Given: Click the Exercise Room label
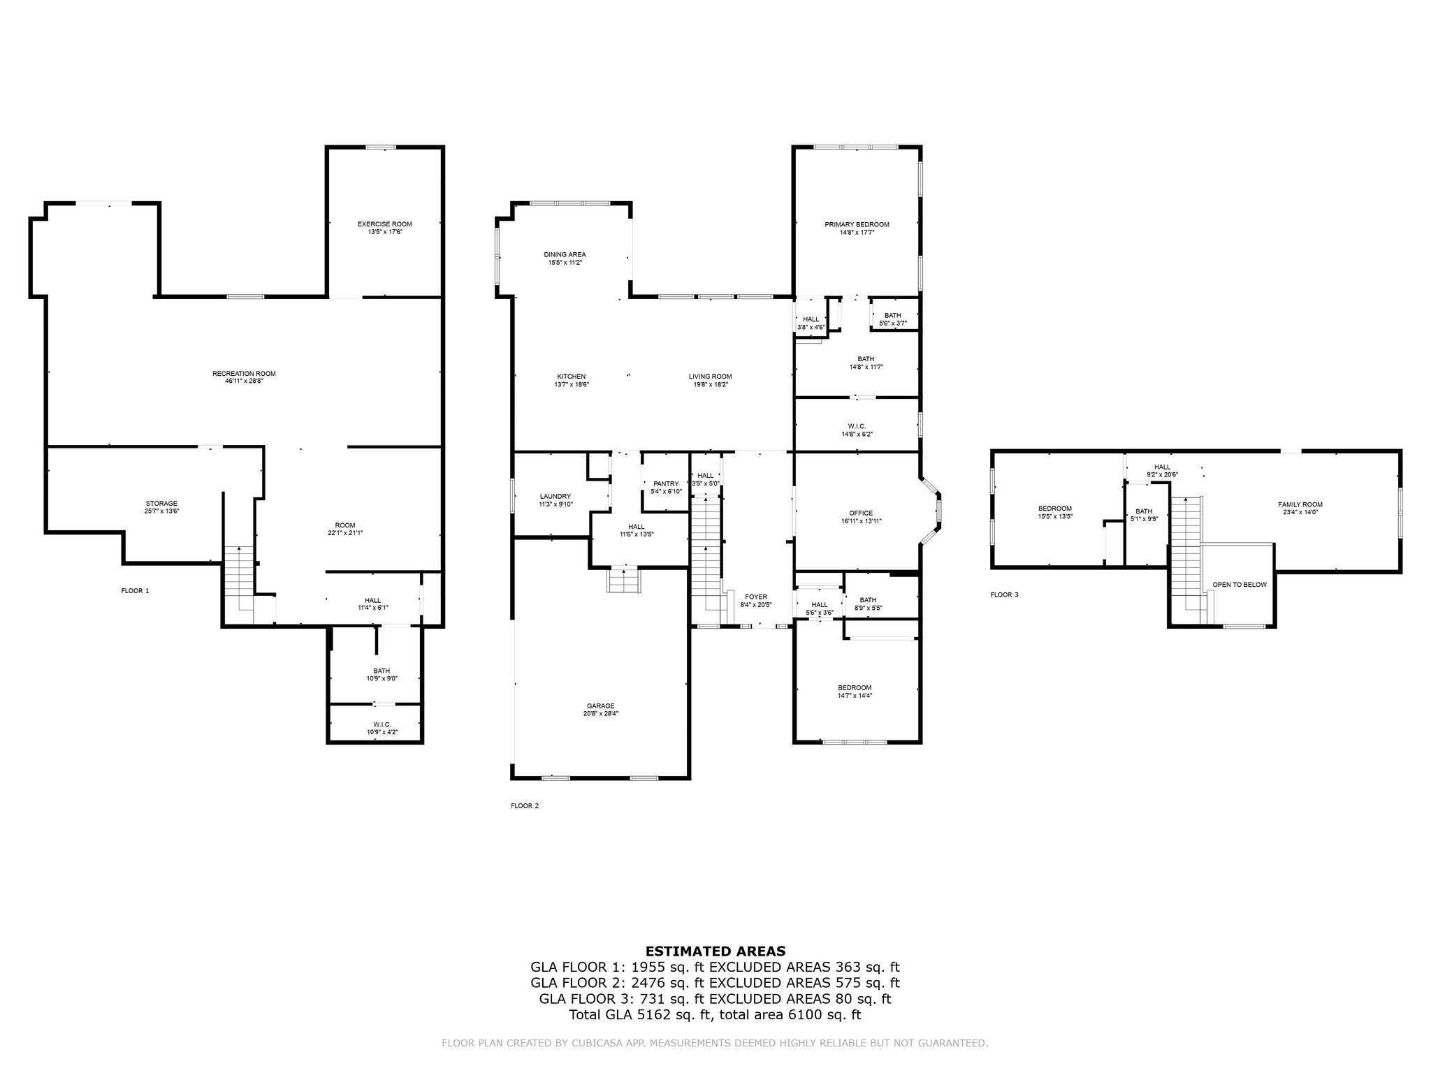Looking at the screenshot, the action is pyautogui.click(x=384, y=224).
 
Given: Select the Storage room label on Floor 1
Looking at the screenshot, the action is pyautogui.click(x=161, y=504).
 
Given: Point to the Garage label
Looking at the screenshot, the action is pyautogui.click(x=600, y=706).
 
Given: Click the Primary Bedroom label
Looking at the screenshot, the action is pyautogui.click(x=857, y=224).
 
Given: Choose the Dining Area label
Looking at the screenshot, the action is pyautogui.click(x=565, y=254).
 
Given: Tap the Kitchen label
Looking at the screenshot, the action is pyautogui.click(x=571, y=377).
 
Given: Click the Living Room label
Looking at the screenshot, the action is pyautogui.click(x=710, y=377).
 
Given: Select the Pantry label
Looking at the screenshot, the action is pyautogui.click(x=666, y=483).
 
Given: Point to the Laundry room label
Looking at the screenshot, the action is pyautogui.click(x=555, y=496).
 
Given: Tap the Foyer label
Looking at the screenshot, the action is pyautogui.click(x=755, y=597).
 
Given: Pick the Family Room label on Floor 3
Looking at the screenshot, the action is pyautogui.click(x=1300, y=504).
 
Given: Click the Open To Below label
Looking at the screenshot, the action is pyautogui.click(x=1240, y=585).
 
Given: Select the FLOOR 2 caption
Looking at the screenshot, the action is pyautogui.click(x=525, y=805).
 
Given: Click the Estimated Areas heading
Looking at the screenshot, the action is pyautogui.click(x=715, y=951).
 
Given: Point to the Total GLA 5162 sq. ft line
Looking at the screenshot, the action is pyautogui.click(x=715, y=1015).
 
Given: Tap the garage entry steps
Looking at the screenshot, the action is pyautogui.click(x=623, y=581).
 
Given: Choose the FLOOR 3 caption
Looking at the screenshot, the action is pyautogui.click(x=1004, y=594).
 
